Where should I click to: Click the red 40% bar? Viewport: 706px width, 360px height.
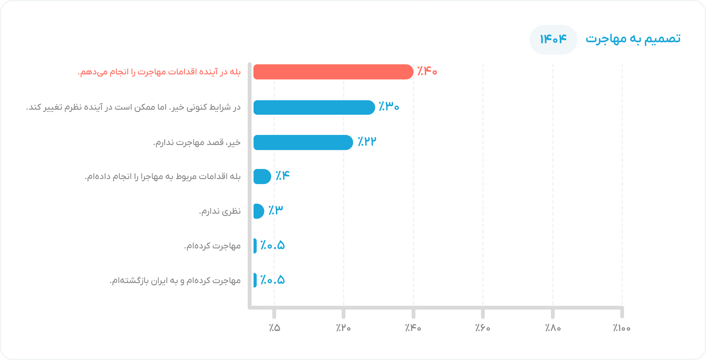[333, 72]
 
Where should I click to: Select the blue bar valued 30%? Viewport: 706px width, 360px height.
[314, 107]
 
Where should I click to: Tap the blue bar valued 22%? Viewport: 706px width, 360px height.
[303, 142]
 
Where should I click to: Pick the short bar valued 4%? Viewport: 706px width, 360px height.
[262, 176]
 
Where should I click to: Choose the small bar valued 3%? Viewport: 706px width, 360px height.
[259, 211]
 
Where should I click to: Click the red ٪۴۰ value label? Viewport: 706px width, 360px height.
[427, 72]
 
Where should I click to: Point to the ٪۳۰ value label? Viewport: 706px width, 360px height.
[389, 106]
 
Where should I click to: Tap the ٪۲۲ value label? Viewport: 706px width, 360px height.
[367, 141]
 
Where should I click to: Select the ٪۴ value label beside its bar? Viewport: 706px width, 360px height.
[282, 175]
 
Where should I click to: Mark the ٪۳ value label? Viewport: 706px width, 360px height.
[276, 210]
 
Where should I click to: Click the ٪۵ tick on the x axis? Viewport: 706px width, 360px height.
[274, 328]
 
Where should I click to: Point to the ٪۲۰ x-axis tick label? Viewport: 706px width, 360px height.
[343, 328]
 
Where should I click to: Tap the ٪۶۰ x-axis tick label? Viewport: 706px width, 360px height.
[483, 328]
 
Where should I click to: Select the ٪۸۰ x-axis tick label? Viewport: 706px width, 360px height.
[553, 328]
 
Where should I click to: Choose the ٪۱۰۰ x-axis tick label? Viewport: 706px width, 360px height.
[622, 328]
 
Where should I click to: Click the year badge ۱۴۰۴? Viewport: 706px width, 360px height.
[553, 40]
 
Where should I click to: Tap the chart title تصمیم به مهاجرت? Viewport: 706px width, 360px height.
[633, 39]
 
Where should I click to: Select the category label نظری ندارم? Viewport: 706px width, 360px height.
[220, 211]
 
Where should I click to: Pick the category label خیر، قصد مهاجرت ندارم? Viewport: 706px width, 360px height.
[197, 142]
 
